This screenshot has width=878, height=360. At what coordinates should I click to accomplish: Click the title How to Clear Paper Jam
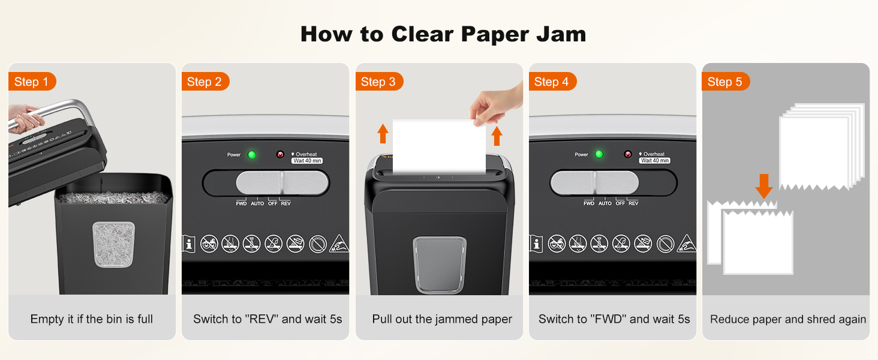coord(443,34)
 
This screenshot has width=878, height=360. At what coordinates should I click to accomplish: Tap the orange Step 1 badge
coord(31,82)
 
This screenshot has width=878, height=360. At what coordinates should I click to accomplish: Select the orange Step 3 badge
coord(378,82)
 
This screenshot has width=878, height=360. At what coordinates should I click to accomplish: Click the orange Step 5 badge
coord(724,82)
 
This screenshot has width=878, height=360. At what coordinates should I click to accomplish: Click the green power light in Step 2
coord(252,155)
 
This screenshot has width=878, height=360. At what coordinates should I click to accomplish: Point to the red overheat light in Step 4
coord(627,154)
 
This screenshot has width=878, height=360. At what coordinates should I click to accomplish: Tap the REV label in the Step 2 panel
coord(285,203)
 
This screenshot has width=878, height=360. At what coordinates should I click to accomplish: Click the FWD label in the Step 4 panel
coord(589,203)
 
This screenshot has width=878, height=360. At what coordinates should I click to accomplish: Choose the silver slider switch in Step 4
coord(594,183)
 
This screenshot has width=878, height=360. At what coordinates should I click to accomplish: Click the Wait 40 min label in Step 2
coord(306,161)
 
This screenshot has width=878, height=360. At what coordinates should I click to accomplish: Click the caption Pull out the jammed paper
coord(442,319)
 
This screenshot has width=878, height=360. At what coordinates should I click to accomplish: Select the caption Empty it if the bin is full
coord(92,319)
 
